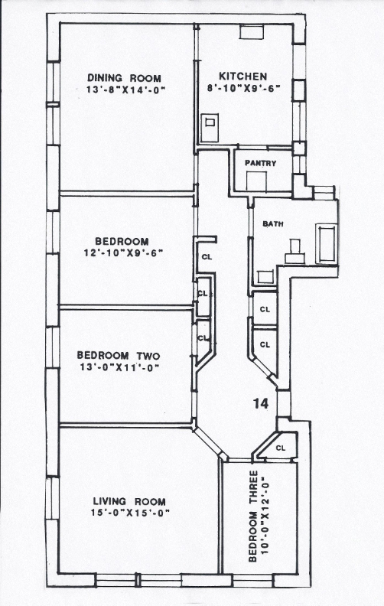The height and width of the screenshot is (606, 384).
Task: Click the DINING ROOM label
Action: point(124,78)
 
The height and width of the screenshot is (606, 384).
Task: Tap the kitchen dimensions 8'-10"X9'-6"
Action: point(243,88)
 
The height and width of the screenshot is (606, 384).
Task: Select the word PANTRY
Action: point(260,164)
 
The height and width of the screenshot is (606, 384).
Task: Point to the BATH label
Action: point(273,223)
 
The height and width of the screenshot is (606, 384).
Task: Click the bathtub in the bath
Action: point(326,244)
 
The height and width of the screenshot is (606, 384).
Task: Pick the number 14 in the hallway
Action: point(261,404)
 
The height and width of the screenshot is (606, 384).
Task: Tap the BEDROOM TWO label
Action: point(119,355)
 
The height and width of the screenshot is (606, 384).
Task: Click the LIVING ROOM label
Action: point(129,502)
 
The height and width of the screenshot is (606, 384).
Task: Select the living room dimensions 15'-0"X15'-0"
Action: point(131,513)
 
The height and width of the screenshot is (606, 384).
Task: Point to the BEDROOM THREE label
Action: point(252,516)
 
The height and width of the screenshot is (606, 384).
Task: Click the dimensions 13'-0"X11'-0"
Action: point(120,367)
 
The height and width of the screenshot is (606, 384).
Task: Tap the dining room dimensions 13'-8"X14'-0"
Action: point(125,90)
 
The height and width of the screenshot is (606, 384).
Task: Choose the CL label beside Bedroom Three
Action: point(281,448)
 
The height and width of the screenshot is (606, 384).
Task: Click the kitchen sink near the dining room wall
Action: point(210,128)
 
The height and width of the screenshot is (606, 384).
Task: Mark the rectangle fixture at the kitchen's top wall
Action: point(252,31)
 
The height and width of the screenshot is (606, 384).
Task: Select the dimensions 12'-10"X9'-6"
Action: point(123,253)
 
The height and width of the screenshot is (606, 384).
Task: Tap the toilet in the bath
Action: point(295,252)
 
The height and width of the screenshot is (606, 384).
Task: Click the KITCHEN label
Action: point(243,77)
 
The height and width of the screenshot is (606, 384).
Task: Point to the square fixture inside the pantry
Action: point(256,181)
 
